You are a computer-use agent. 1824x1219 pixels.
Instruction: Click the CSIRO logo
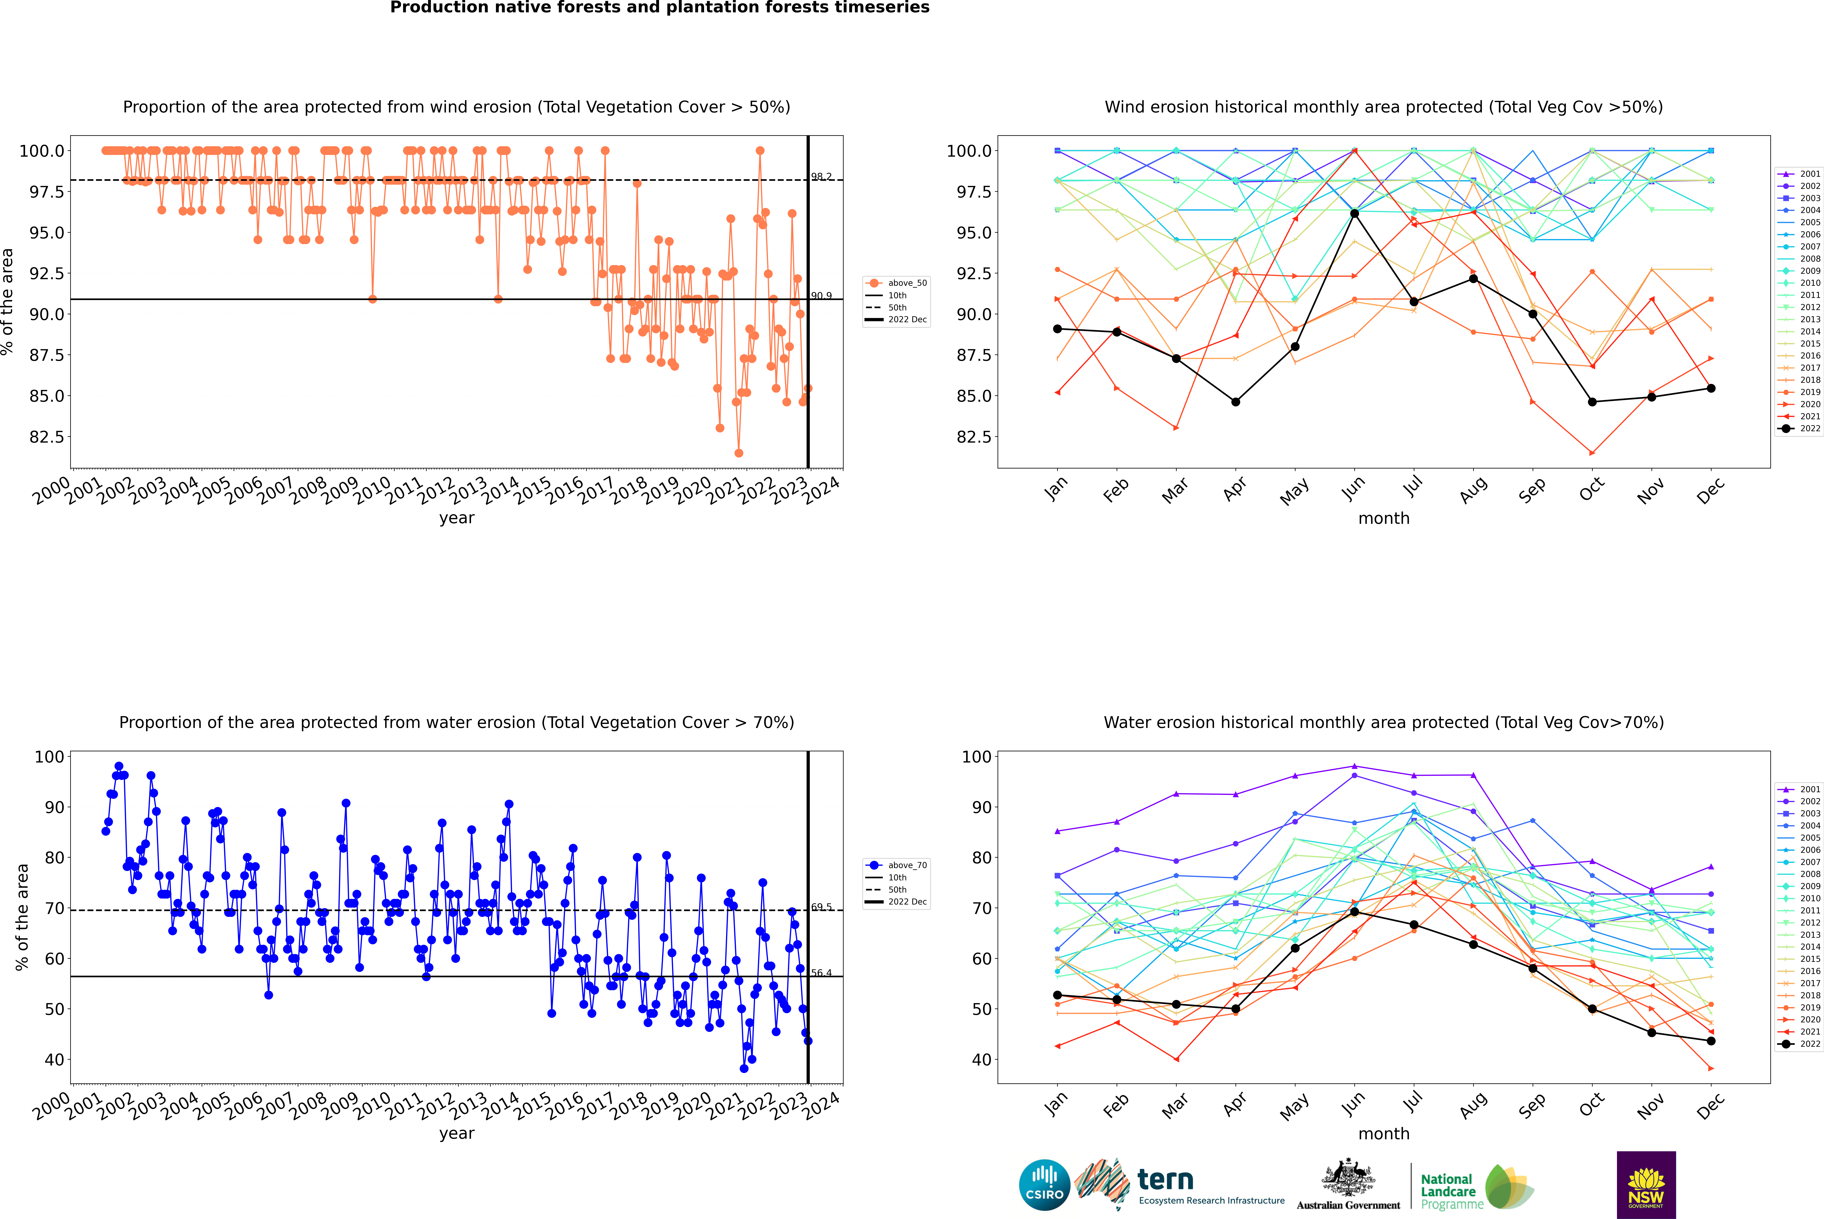[x=1044, y=1185]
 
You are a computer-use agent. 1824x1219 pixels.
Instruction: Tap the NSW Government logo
[x=1646, y=1185]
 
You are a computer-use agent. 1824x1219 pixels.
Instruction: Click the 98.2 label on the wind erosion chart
[x=821, y=177]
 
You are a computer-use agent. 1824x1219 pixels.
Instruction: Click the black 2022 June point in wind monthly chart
[x=1354, y=213]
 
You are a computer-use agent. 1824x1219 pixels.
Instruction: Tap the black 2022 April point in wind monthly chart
[x=1235, y=402]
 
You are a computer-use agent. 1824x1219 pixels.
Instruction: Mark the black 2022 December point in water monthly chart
[x=1711, y=1041]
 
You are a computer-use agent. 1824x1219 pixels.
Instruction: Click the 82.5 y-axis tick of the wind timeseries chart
[x=47, y=437]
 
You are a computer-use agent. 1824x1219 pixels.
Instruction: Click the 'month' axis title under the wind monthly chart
[x=1383, y=519]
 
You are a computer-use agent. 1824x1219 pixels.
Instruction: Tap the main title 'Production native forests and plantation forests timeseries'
[x=659, y=8]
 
